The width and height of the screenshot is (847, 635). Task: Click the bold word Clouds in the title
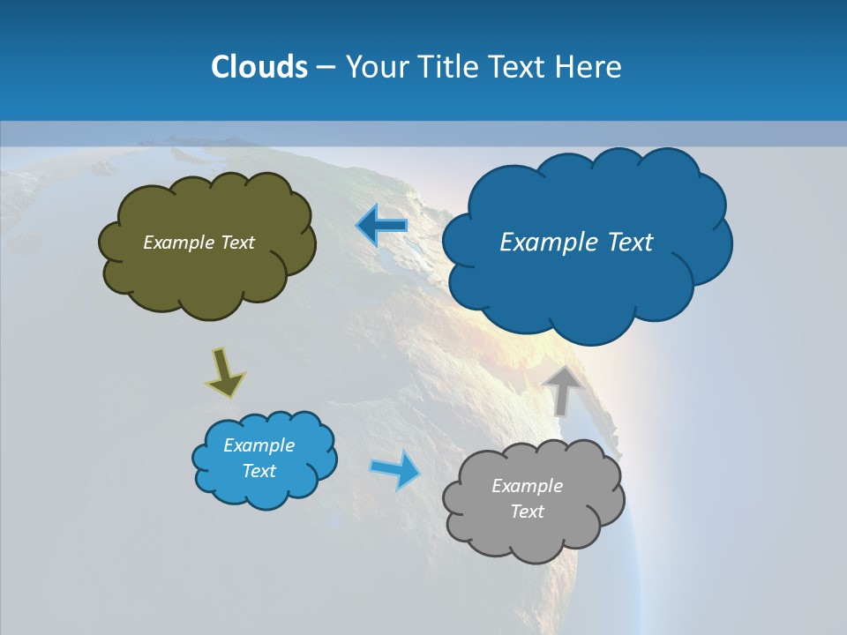point(259,67)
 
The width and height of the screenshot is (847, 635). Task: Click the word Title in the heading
point(448,67)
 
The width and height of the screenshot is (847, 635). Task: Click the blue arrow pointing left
point(381,226)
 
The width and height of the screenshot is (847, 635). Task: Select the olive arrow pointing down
point(225,372)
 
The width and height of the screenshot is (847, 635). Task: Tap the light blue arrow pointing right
point(395,469)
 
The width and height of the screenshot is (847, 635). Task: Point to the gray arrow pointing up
point(562,390)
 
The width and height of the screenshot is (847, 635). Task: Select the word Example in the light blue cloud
point(259,445)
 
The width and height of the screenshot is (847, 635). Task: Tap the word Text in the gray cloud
point(527,512)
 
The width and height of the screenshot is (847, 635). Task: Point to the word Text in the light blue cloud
point(259,471)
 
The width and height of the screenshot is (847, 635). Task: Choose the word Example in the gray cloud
point(527,486)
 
